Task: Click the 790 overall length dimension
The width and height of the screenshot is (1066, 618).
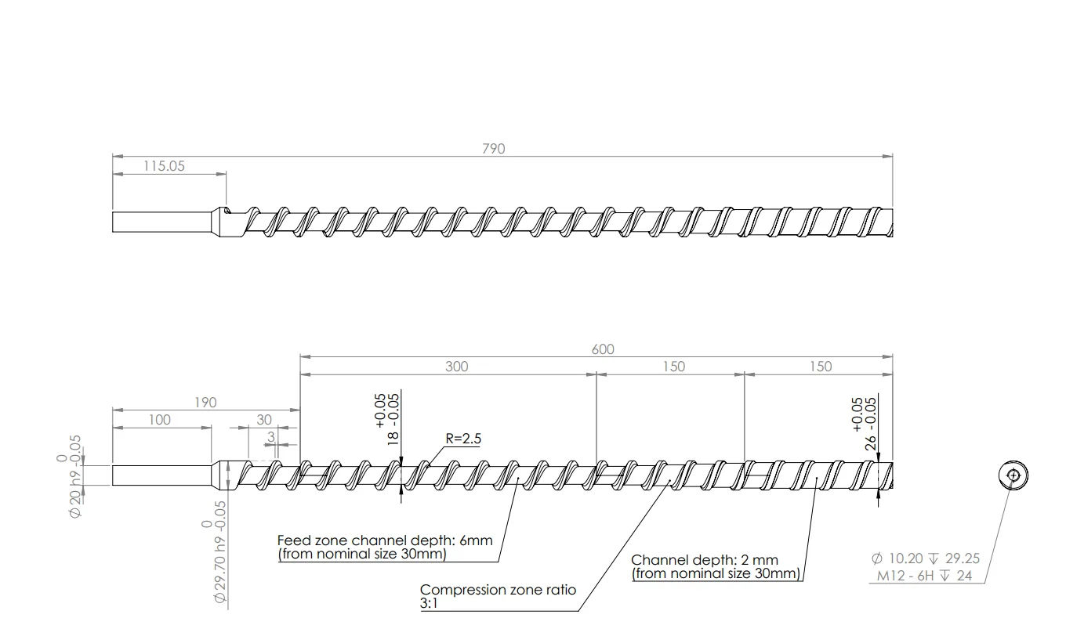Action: click(494, 148)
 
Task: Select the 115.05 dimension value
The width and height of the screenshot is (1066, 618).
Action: click(164, 166)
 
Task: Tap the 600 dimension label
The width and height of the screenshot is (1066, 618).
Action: click(603, 349)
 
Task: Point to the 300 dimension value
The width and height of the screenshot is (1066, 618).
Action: click(456, 367)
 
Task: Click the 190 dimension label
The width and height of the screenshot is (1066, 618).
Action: click(205, 403)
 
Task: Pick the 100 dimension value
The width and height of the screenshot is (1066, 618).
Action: click(159, 420)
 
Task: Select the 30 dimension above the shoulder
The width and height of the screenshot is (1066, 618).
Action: click(264, 420)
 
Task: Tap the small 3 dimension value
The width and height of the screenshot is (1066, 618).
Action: click(270, 436)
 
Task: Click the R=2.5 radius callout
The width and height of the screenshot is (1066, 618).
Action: click(463, 439)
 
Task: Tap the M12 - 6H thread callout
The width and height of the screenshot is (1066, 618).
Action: click(921, 576)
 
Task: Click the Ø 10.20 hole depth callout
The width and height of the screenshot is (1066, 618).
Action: click(925, 559)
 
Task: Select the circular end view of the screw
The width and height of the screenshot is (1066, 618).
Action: click(1013, 475)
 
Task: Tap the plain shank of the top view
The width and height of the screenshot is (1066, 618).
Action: click(161, 222)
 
